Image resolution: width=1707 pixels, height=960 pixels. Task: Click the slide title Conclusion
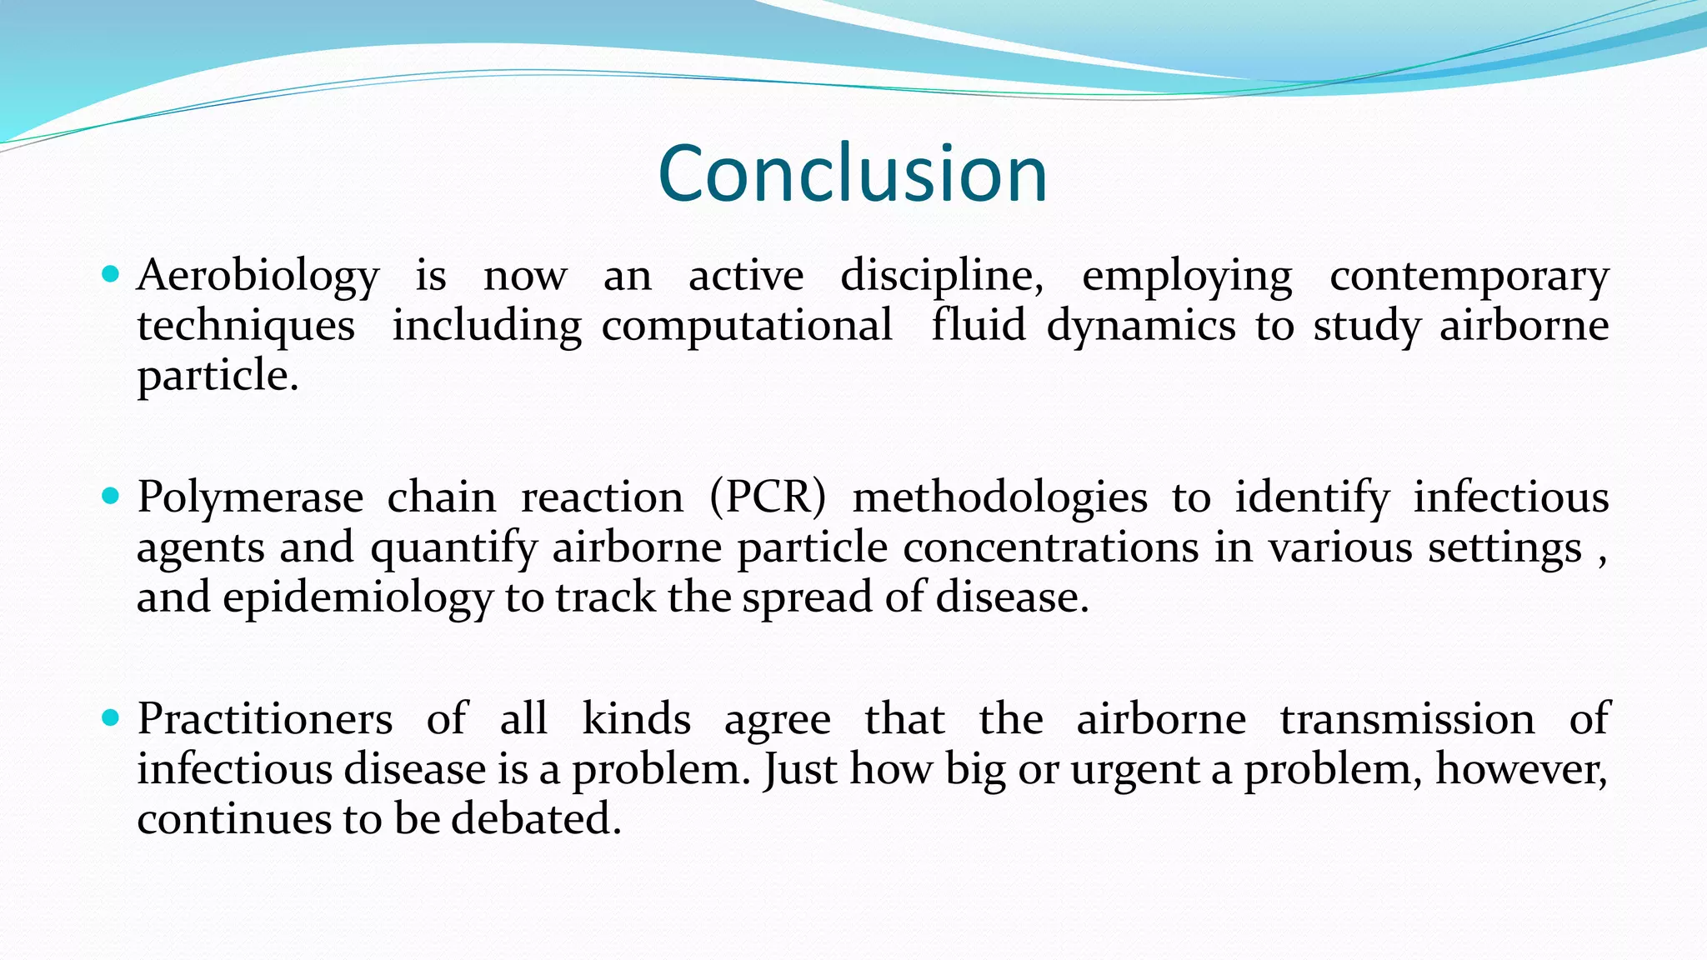852,173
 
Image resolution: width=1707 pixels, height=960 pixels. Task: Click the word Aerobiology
258,275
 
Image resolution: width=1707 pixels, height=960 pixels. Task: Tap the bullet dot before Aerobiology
110,273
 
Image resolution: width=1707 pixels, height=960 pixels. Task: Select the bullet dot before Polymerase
110,496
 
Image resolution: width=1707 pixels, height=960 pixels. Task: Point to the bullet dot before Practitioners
110,717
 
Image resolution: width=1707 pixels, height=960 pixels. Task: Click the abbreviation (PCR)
768,497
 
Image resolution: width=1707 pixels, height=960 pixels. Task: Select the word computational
747,325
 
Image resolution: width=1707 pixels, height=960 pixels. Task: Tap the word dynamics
1141,325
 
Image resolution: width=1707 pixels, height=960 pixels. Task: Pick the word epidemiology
358,597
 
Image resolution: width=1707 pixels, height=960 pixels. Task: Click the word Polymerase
250,497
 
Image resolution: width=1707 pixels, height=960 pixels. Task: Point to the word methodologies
999,497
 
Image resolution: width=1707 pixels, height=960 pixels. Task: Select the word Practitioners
265,718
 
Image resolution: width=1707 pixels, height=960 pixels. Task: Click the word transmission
1407,718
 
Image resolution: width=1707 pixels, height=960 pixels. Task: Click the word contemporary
1469,275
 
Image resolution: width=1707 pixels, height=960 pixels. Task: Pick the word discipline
941,275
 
